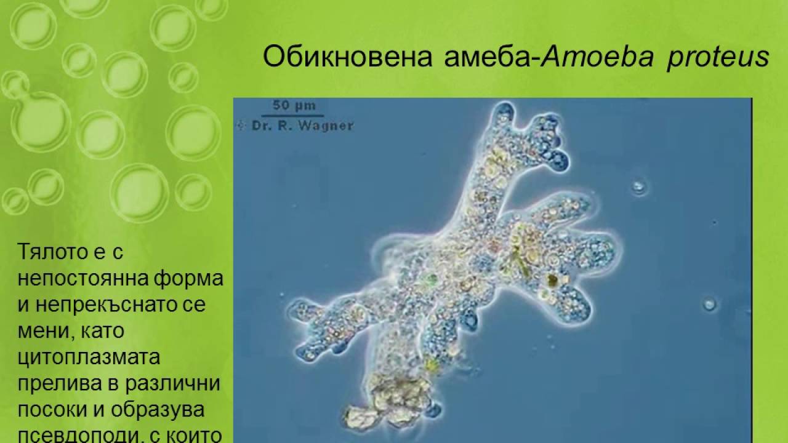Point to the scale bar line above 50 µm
pos(289,114)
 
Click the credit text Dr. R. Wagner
pos(302,126)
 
